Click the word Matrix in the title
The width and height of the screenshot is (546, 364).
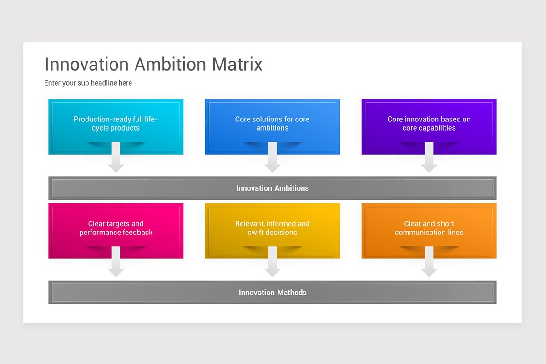tap(237, 64)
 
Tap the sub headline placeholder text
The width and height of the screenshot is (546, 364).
tap(88, 83)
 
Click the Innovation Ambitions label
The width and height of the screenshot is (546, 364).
tap(272, 188)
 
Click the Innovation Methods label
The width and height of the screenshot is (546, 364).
tap(272, 293)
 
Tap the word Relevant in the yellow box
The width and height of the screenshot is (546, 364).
tap(249, 224)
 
